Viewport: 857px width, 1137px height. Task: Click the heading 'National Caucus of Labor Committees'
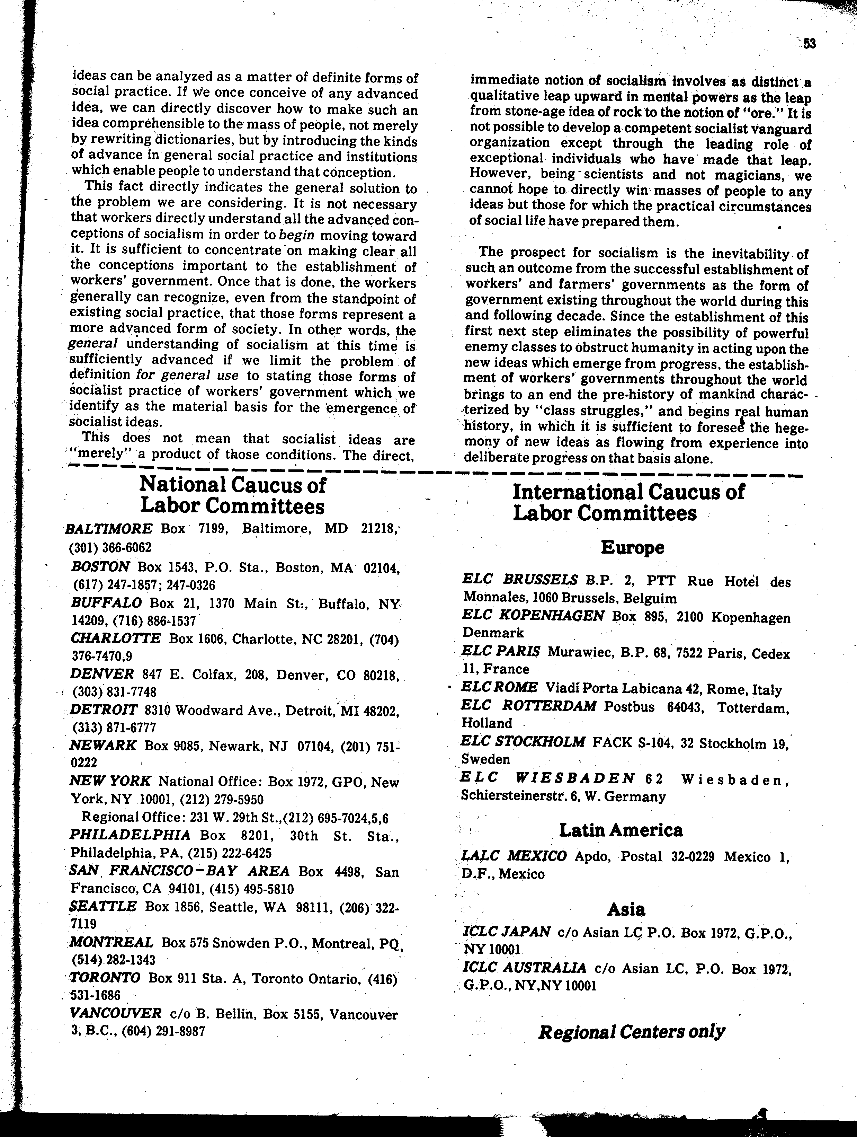click(232, 495)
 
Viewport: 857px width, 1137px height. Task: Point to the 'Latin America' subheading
click(621, 830)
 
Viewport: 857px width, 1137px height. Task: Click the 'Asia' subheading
click(626, 910)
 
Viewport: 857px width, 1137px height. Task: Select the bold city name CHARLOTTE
click(116, 638)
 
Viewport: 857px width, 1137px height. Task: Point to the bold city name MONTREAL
click(111, 942)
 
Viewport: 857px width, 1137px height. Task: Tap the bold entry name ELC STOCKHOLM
click(523, 742)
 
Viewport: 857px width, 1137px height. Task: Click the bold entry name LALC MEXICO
click(514, 856)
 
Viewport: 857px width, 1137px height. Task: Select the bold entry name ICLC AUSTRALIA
click(524, 967)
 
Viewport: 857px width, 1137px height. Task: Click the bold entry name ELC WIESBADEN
click(548, 778)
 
